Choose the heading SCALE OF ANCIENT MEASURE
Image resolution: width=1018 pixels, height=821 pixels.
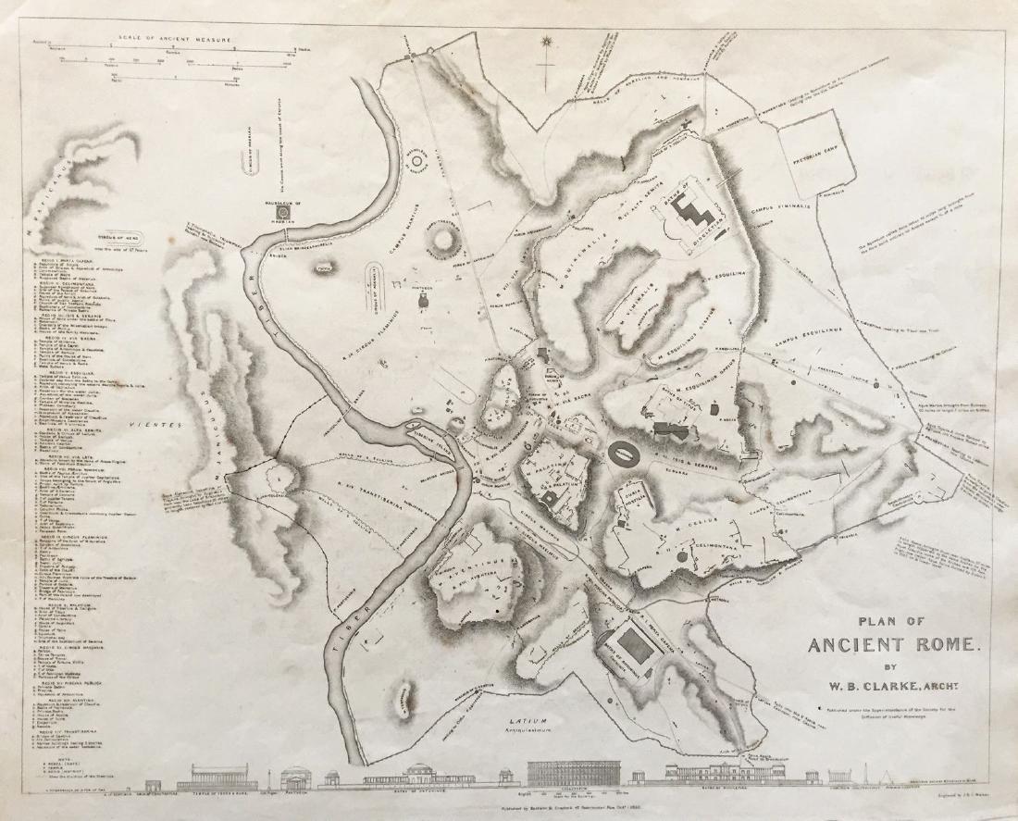[171, 40]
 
